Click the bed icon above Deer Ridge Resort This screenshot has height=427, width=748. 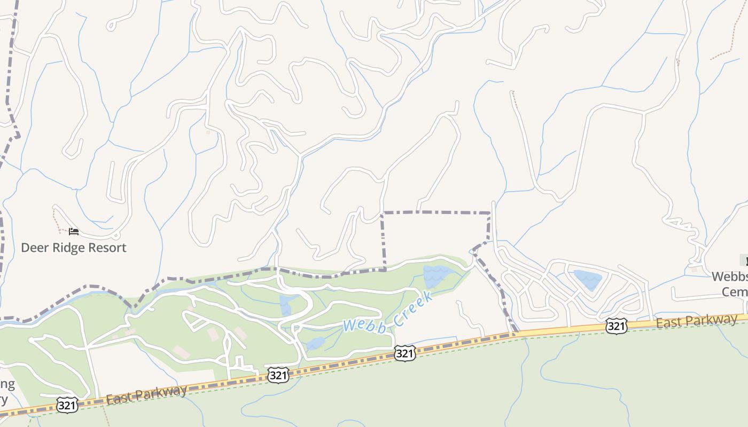pos(74,232)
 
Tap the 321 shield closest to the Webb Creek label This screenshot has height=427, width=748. pos(405,353)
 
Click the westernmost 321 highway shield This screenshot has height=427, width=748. pos(67,405)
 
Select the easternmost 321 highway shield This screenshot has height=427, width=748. pos(615,326)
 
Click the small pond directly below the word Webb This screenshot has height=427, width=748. pos(315,343)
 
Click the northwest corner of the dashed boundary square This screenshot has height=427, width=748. pos(383,213)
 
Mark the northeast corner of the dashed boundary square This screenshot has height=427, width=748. pos(489,213)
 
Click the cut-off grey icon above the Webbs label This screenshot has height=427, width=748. pos(744,260)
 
